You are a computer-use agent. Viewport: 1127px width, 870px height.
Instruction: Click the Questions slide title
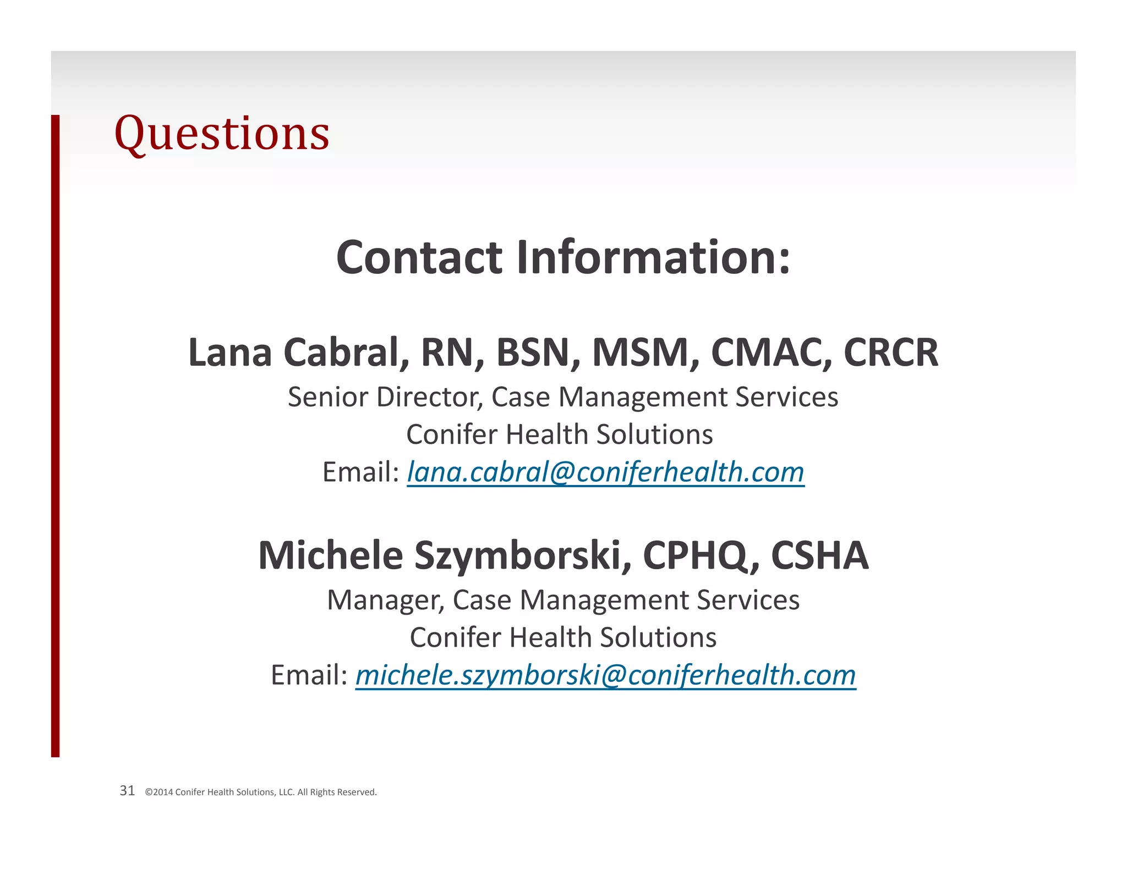pyautogui.click(x=221, y=134)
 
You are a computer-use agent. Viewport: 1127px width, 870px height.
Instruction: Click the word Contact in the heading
pyautogui.click(x=419, y=257)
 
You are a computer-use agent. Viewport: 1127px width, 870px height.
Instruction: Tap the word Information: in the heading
pyautogui.click(x=653, y=257)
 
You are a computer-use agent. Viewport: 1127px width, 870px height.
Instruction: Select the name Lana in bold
pyautogui.click(x=229, y=353)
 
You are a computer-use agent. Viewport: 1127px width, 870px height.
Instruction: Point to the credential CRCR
pyautogui.click(x=890, y=353)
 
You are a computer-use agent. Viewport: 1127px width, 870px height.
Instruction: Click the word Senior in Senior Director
pyautogui.click(x=329, y=397)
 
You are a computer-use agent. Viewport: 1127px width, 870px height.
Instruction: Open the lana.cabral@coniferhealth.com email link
pyautogui.click(x=605, y=472)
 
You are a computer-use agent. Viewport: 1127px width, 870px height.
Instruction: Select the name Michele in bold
pyautogui.click(x=330, y=555)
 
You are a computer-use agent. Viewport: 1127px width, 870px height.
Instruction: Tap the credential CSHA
pyautogui.click(x=819, y=555)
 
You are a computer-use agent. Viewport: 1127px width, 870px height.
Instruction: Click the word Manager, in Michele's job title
pyautogui.click(x=386, y=600)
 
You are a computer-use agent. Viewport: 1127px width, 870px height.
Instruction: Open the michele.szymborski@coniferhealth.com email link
pyautogui.click(x=605, y=675)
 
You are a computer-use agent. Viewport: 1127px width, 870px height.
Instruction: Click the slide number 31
pyautogui.click(x=127, y=791)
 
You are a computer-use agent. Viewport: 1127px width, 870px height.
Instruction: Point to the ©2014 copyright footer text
pyautogui.click(x=261, y=792)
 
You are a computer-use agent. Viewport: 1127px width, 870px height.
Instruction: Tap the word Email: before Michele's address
pyautogui.click(x=309, y=675)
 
